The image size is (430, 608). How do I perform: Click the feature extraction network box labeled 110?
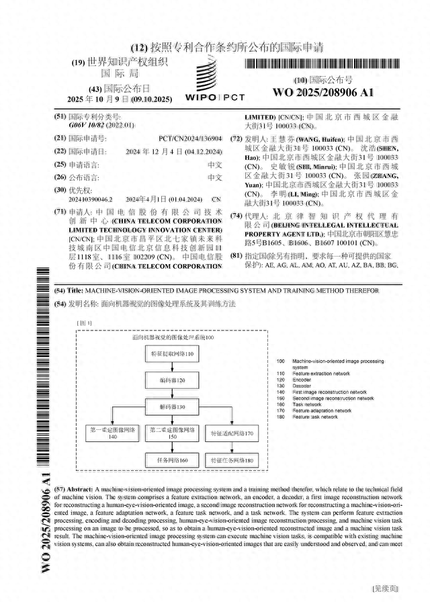pyautogui.click(x=171, y=353)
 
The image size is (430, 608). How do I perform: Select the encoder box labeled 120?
pyautogui.click(x=171, y=380)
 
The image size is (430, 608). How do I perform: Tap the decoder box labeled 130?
pyautogui.click(x=171, y=408)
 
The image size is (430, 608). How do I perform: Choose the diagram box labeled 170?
pyautogui.click(x=231, y=435)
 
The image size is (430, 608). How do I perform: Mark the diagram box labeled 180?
pyautogui.click(x=231, y=460)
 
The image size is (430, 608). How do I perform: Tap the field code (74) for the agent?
pyautogui.click(x=236, y=216)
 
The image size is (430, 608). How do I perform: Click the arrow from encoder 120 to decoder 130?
pyautogui.click(x=171, y=394)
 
